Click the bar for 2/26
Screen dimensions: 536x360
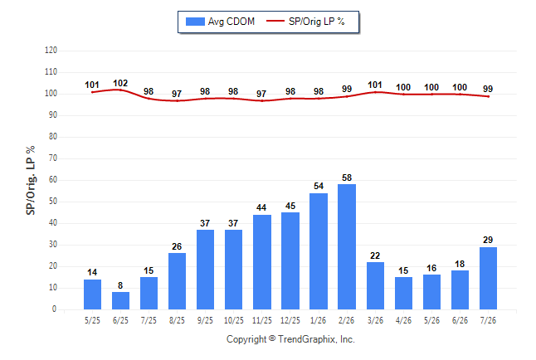[347, 247]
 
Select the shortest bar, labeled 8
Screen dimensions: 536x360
[120, 300]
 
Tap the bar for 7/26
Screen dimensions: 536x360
[488, 278]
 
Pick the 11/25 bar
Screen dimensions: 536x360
[262, 262]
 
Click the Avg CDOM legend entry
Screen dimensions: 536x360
[220, 22]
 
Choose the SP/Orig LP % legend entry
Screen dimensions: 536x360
[305, 22]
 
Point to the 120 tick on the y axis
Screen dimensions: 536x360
[51, 51]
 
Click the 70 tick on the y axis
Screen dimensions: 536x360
[52, 158]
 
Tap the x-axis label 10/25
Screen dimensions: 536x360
[234, 320]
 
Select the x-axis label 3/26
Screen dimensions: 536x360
[375, 320]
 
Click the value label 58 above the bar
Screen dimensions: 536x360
[347, 178]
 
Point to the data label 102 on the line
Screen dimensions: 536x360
[120, 83]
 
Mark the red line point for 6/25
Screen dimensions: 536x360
[120, 90]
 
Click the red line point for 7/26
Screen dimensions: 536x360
[488, 96]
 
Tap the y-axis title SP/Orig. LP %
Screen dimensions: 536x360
[31, 180]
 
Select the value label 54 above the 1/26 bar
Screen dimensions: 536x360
[319, 186]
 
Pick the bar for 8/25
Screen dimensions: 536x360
[177, 281]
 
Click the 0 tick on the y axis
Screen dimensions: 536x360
[54, 309]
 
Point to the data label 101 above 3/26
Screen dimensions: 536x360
[375, 85]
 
